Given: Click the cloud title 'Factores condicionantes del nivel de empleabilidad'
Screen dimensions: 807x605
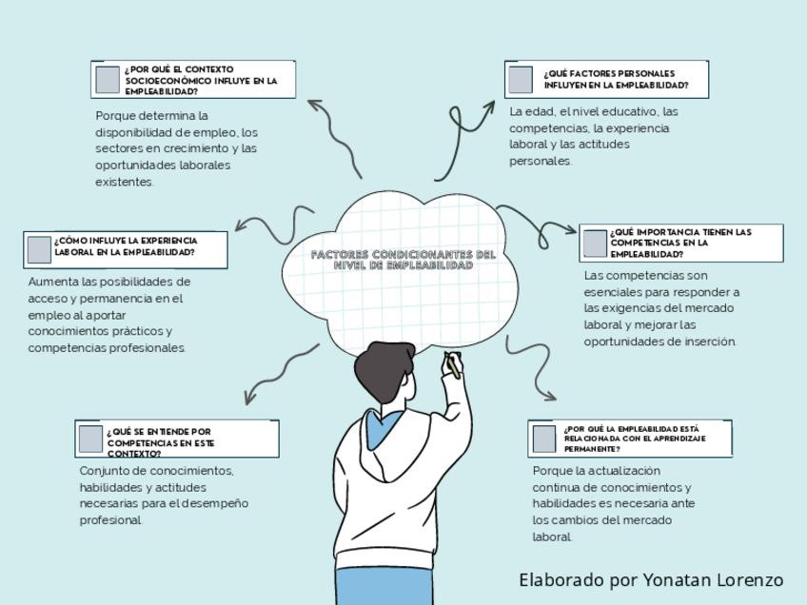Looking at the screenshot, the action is coord(403,260).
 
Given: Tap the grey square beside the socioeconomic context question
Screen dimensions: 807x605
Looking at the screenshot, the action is coord(108,79).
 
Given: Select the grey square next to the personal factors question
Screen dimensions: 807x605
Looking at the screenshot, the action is coord(521,79).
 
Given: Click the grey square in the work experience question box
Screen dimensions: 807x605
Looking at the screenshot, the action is coord(39,249).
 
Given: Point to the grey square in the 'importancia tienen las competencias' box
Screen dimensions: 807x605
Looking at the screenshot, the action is coord(595,244).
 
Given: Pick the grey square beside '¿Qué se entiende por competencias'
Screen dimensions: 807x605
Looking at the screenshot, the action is coord(90,439).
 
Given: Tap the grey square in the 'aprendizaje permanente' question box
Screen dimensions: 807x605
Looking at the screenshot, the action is coord(544,439).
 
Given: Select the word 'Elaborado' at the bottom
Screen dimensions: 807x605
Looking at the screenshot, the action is coord(561,580).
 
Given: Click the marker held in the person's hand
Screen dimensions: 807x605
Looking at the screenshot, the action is coord(453,364).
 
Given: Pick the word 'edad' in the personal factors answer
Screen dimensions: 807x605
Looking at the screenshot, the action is coord(539,111).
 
